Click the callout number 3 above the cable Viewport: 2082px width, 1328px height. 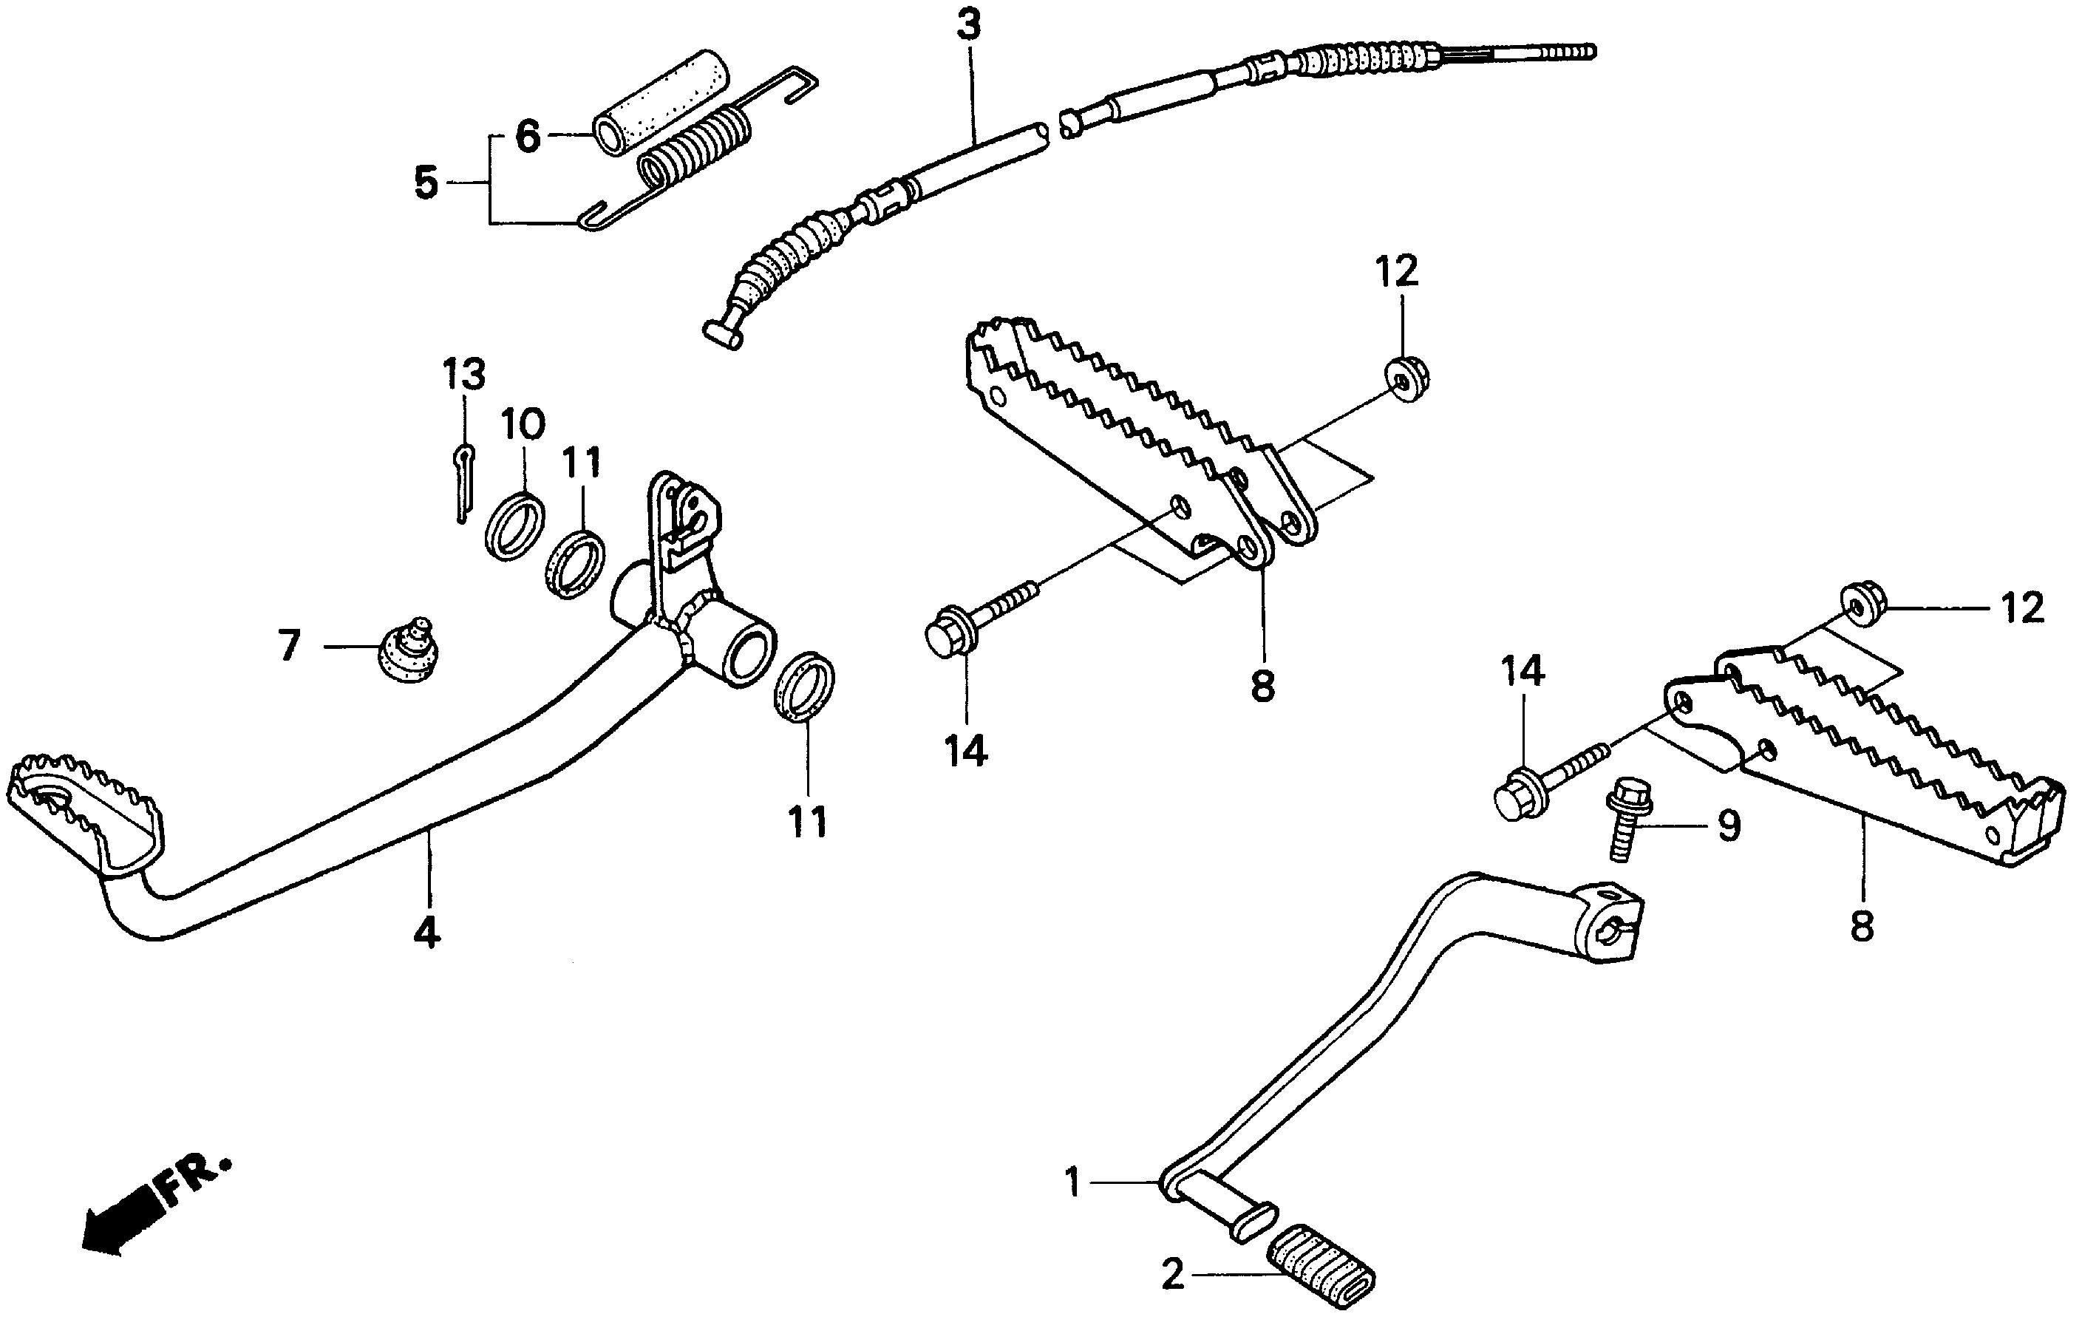click(x=968, y=26)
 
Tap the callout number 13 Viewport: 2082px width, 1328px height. click(x=464, y=375)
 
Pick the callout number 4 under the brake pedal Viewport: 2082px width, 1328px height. click(x=426, y=933)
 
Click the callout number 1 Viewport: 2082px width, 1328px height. click(x=1073, y=1181)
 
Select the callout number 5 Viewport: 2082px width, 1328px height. click(x=426, y=183)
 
